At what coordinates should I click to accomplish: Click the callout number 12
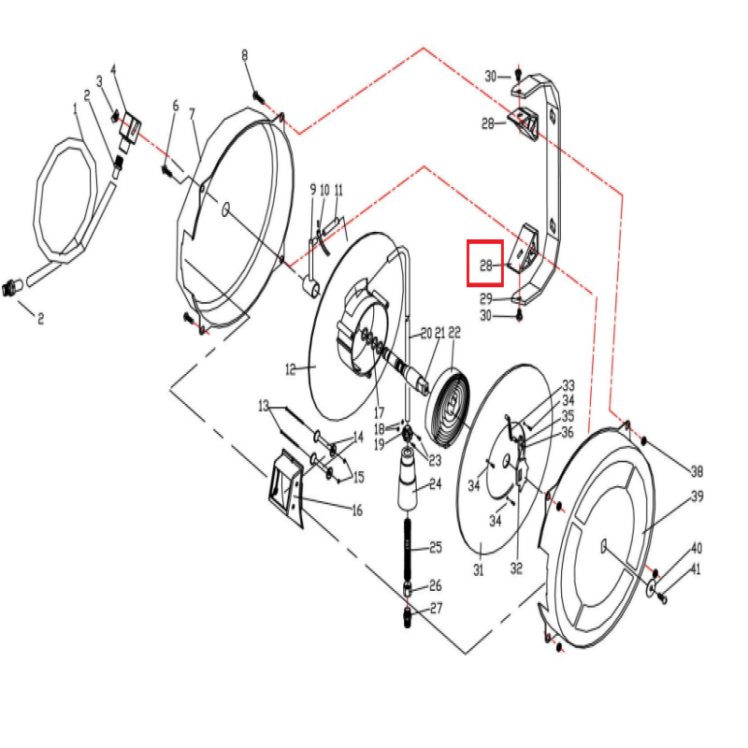pos(291,369)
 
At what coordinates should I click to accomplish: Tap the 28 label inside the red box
pos(486,266)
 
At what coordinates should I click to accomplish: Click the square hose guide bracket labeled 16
pos(284,490)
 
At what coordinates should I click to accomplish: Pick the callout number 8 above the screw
pos(245,56)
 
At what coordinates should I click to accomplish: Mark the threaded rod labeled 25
pos(410,546)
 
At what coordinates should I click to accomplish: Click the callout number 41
pos(696,569)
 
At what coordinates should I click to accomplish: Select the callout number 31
pos(478,569)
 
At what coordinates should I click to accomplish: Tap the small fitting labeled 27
pos(410,618)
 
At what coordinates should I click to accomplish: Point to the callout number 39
pos(697,496)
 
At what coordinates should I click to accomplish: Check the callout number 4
pos(113,69)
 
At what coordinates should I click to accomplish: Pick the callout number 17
pos(379,411)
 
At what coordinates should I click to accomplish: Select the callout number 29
pos(486,298)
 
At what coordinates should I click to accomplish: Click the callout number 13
pos(264,406)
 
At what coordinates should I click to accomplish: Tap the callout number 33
pos(568,385)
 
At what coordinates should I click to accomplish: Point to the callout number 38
pos(696,471)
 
